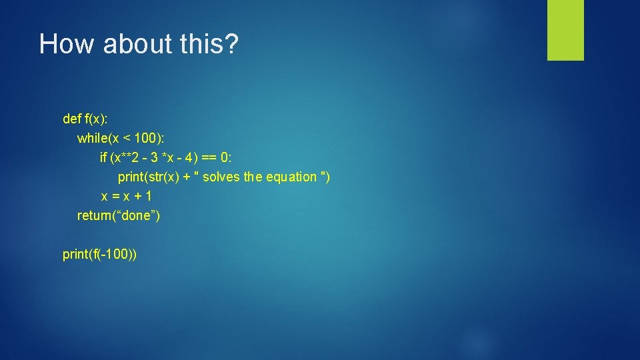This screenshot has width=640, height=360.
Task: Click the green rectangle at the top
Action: pos(565,30)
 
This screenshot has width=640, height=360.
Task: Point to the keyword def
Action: pos(71,119)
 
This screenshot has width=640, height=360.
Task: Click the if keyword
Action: pos(103,157)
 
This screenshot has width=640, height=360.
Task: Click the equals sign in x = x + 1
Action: pos(115,196)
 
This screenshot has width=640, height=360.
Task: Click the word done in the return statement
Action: pos(139,215)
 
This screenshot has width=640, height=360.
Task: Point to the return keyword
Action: pos(95,215)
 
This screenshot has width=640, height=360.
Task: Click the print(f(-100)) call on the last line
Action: pos(100,254)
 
